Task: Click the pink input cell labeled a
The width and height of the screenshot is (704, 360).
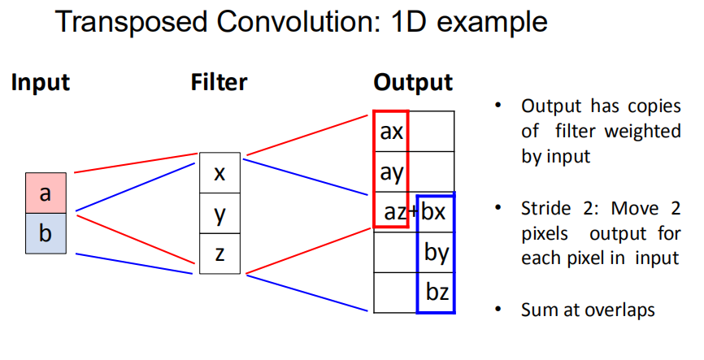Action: (x=46, y=193)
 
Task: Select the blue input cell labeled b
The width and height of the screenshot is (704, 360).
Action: (x=46, y=234)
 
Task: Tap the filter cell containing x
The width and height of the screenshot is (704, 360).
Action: (x=219, y=172)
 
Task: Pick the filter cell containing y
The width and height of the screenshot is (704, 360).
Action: (x=219, y=213)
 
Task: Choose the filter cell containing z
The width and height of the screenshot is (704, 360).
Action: (x=219, y=254)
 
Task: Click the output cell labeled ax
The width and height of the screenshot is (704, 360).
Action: (x=391, y=131)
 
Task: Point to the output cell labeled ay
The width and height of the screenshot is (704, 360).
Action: (x=391, y=171)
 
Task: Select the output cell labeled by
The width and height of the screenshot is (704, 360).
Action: (x=437, y=253)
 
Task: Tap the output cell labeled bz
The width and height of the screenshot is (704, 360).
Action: (x=437, y=293)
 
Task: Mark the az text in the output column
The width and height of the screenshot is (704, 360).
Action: (x=394, y=213)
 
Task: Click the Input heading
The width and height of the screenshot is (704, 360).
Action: (x=40, y=82)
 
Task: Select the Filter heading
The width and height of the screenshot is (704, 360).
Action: (x=219, y=82)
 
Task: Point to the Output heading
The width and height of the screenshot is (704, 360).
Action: (x=413, y=82)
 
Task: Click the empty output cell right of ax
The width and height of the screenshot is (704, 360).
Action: (x=432, y=131)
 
